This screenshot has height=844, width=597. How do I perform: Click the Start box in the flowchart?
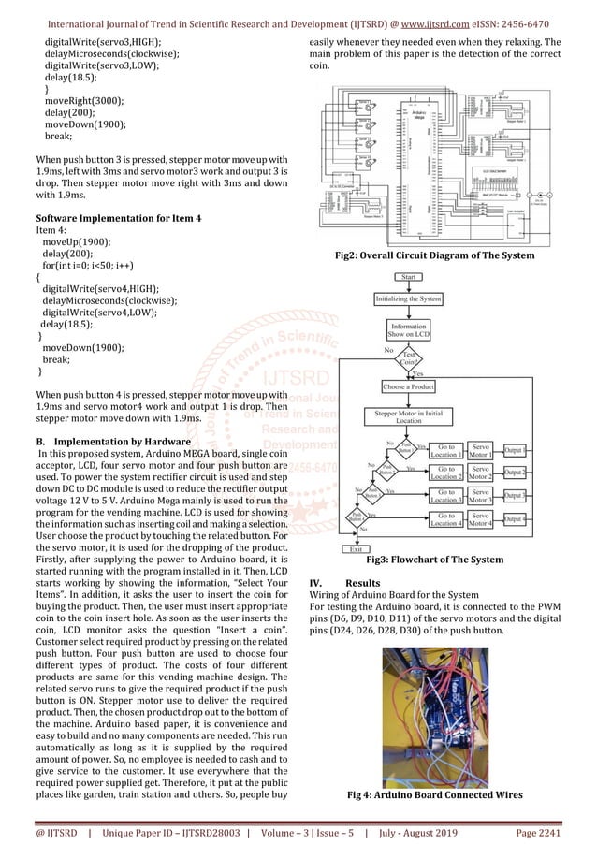click(x=409, y=278)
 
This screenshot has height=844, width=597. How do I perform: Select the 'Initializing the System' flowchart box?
click(x=408, y=299)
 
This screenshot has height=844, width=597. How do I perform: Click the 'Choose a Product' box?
click(x=408, y=386)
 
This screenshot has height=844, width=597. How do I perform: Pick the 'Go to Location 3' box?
click(x=446, y=495)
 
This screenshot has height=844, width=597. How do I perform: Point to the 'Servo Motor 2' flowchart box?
click(x=481, y=473)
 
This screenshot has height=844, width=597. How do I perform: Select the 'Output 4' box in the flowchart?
click(x=516, y=518)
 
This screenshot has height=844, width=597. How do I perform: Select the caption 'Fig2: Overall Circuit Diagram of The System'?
click(x=434, y=255)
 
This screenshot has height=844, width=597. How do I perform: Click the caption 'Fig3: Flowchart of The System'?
click(x=434, y=560)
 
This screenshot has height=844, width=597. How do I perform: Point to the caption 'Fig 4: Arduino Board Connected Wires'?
click(x=435, y=794)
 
